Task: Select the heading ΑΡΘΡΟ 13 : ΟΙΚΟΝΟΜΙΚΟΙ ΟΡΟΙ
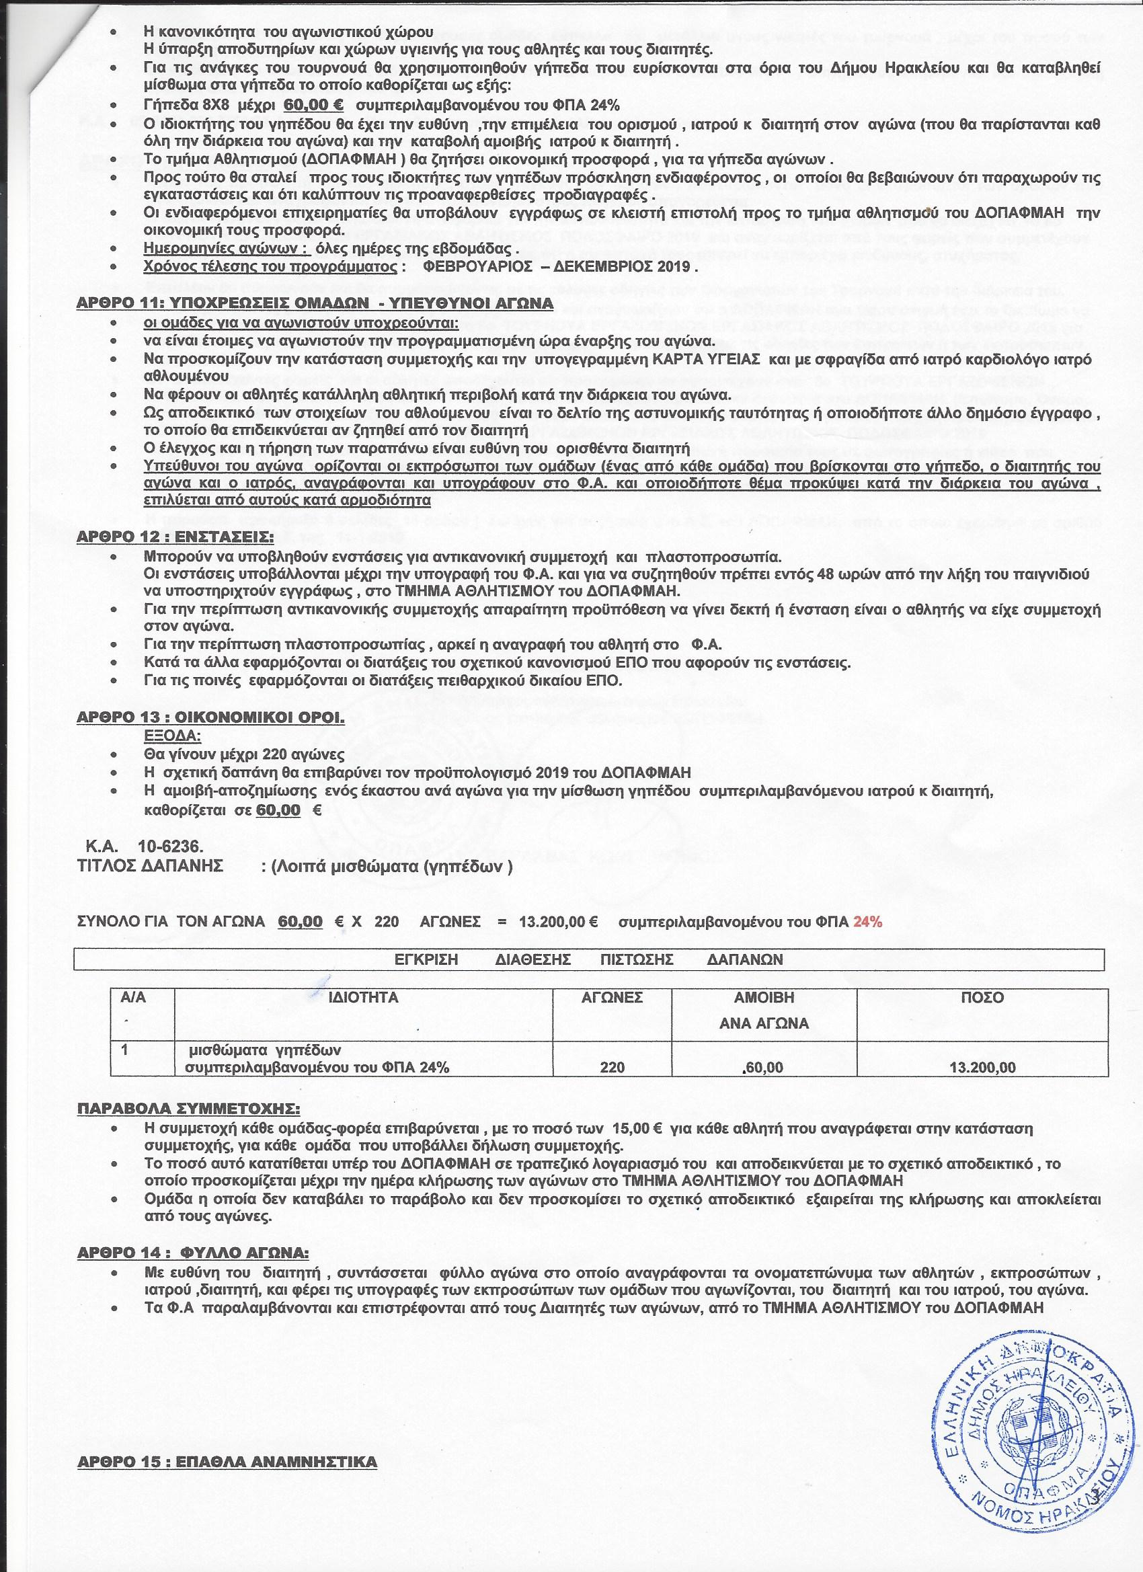click(x=210, y=717)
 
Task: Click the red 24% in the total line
click(x=867, y=922)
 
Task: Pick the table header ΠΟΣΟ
click(x=983, y=997)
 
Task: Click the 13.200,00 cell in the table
click(x=983, y=1068)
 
